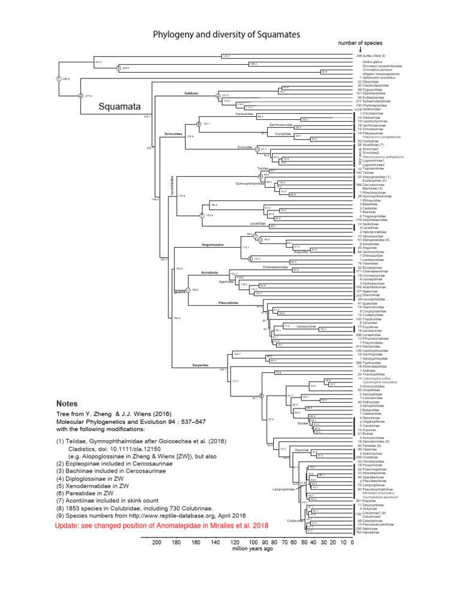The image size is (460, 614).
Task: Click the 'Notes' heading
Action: coord(67,404)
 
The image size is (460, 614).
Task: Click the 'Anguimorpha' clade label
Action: coord(205,246)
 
